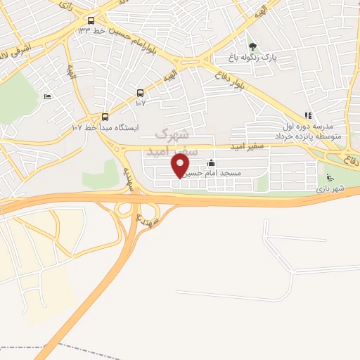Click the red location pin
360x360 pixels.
click(181, 166)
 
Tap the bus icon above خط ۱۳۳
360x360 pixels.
click(91, 20)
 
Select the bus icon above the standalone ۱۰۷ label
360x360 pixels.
click(140, 93)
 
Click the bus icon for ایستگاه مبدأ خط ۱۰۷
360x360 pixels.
click(105, 117)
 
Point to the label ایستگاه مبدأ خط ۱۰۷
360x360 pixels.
click(105, 128)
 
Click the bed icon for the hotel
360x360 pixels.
click(47, 96)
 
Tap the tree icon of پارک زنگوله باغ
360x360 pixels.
click(252, 47)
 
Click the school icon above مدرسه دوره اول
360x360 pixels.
click(307, 115)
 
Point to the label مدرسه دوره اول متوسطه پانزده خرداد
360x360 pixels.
click(308, 130)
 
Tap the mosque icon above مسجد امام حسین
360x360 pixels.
click(212, 163)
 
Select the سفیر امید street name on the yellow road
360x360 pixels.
click(249, 147)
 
